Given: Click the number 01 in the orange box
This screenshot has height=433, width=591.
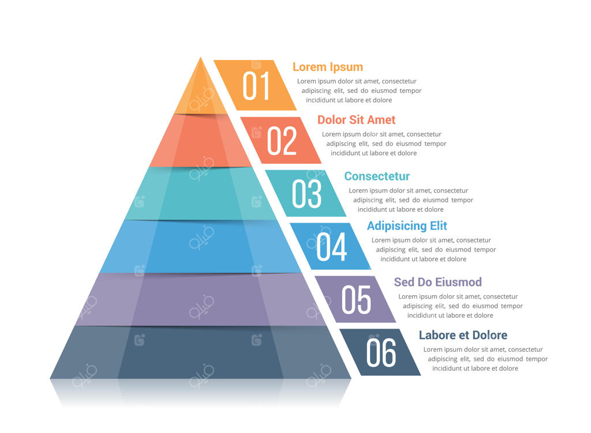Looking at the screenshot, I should coord(256,86).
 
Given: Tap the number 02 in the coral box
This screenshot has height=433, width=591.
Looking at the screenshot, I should coord(282,141).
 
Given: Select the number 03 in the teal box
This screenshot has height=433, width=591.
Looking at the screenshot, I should coord(306,194).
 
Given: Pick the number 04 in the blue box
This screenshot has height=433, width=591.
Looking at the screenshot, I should coord(332,246).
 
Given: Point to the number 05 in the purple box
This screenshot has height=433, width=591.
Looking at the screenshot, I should coord(356,299).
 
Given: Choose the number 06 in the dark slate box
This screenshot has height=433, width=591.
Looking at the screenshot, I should coord(381,352).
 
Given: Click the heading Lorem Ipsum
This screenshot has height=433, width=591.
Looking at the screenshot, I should coord(327,67).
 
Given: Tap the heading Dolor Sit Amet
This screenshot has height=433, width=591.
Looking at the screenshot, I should coord(356,120).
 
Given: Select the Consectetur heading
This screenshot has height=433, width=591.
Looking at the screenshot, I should coord(377,176).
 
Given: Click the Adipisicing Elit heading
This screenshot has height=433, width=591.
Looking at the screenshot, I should coord(407,226).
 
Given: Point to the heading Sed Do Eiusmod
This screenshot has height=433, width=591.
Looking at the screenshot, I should coord(437,282).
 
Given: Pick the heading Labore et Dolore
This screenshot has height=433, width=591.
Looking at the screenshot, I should coord(463,335).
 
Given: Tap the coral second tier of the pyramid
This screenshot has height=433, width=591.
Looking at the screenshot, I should coord(200,141).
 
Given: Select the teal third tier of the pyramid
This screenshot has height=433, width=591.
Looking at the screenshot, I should coord(200,194).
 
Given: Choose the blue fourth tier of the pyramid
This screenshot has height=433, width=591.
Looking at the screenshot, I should coord(200,247).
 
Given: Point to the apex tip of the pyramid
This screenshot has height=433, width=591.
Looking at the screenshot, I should coord(200,58).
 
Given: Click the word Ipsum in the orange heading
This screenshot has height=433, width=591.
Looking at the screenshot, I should coord(346,67).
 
